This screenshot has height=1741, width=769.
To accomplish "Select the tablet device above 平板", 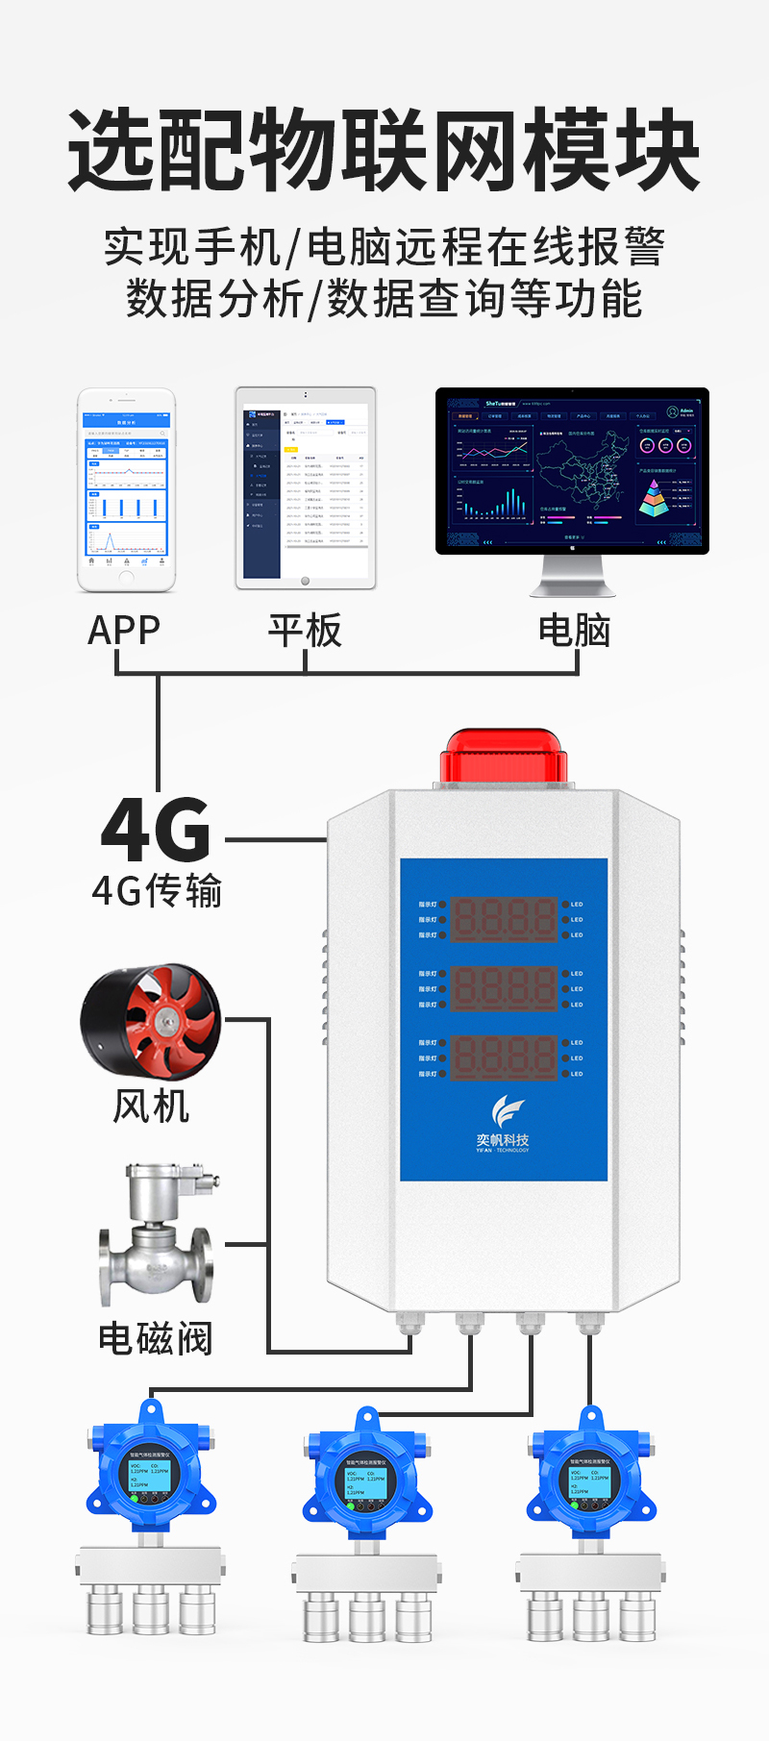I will pyautogui.click(x=306, y=487).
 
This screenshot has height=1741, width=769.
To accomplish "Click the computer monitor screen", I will pyautogui.click(x=572, y=470).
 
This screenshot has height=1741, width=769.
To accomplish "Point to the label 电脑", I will pyautogui.click(x=574, y=631).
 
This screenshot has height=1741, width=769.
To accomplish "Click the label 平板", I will pyautogui.click(x=305, y=631).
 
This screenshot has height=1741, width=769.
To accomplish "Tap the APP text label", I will pyautogui.click(x=124, y=631).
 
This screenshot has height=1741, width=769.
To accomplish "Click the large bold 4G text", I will pyautogui.click(x=156, y=831).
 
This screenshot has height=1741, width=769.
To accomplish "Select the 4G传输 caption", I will pyautogui.click(x=157, y=891).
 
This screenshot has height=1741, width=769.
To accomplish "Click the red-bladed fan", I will pyautogui.click(x=151, y=1023).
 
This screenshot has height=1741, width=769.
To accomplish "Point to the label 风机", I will pyautogui.click(x=151, y=1106).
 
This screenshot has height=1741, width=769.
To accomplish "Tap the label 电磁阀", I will pyautogui.click(x=156, y=1338).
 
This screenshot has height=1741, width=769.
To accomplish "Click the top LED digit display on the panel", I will pyautogui.click(x=504, y=919).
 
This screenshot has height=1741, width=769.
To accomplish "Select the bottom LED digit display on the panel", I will pyautogui.click(x=504, y=1057).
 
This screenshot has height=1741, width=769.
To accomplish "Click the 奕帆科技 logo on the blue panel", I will pyautogui.click(x=503, y=1125).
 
